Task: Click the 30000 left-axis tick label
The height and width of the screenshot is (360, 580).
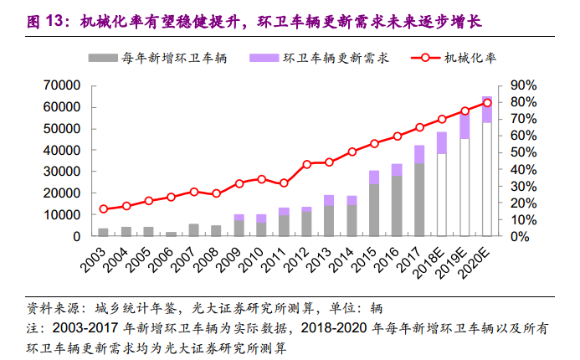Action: (x=62, y=172)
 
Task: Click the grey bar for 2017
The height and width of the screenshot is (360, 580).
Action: (x=419, y=200)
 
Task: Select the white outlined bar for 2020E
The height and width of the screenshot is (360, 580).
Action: (x=487, y=179)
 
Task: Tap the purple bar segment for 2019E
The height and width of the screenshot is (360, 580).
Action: (x=465, y=125)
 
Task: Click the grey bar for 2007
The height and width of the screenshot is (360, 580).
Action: (x=194, y=230)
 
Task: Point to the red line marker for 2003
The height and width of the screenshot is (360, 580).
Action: (x=104, y=209)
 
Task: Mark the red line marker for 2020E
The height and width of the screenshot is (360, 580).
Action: (x=487, y=103)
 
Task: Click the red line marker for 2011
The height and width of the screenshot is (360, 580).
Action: (x=285, y=183)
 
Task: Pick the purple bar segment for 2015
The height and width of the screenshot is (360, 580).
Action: (x=374, y=177)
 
